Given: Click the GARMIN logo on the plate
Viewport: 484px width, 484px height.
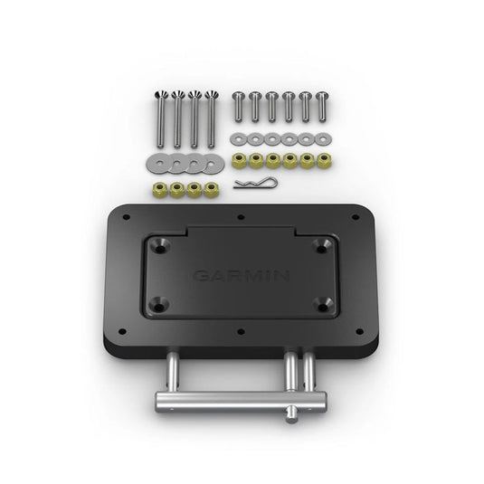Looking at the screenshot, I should coord(241,275).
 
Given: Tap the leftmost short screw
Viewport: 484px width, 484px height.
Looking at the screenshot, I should coord(238,106).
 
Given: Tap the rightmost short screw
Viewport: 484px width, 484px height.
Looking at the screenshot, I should coord(323,106).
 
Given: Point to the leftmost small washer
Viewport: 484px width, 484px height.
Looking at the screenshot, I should coord(237,138).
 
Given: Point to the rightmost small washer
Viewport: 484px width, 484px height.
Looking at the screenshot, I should coord(323,138).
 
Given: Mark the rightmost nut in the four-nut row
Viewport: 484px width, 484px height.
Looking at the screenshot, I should coord(212,189).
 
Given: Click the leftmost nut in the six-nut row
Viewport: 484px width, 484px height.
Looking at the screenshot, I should coord(238,160).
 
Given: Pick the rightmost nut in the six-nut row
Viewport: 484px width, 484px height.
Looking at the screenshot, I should coord(323,160).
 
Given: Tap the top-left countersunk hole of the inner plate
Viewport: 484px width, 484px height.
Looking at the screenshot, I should coord(160,244).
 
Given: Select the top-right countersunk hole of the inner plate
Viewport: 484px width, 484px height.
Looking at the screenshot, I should coord(321,245).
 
